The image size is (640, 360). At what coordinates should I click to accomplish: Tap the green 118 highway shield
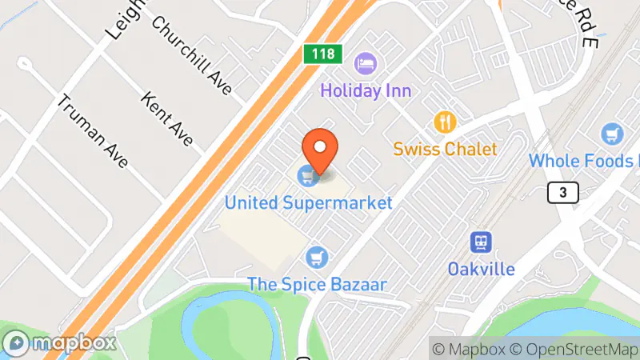coord(323,54)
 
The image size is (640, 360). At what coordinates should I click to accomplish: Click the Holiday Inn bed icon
coord(366,62)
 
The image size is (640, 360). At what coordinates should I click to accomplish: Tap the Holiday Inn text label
coord(366,90)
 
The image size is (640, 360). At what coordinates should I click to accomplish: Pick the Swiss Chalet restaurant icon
coord(445,122)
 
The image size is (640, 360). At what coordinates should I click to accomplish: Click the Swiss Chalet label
coord(445,149)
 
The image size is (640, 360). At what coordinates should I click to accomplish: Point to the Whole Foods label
coord(582,161)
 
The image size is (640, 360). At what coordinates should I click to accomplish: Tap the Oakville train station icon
coord(481,242)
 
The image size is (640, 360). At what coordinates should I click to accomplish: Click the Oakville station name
coord(481,268)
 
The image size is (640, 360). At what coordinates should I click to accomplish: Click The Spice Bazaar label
coord(317,284)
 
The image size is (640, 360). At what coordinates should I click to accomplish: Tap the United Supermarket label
coord(308,202)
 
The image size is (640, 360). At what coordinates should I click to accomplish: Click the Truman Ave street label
coord(92,132)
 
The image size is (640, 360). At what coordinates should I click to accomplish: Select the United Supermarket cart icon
coord(306,174)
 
